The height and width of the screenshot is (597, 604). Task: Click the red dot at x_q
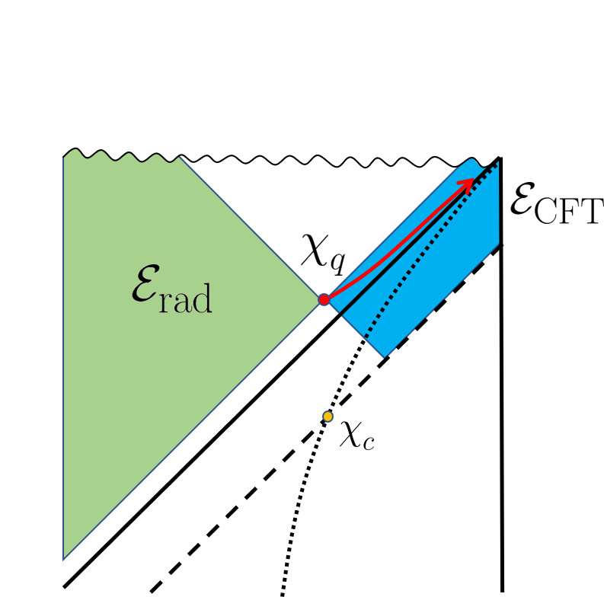coord(324,299)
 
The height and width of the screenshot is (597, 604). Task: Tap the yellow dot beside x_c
coord(328,417)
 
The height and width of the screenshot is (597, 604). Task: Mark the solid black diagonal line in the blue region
coord(415,238)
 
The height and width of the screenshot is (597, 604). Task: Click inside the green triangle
coord(152,366)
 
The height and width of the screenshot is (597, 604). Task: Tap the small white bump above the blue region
coord(472,145)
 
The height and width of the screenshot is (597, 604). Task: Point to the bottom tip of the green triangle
coord(64,559)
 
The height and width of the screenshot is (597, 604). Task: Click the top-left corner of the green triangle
coord(64,156)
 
